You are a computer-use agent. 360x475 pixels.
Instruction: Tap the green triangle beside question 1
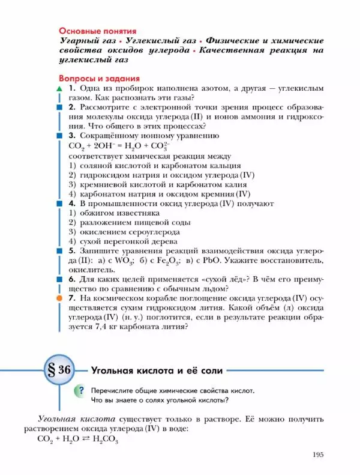tap(59, 89)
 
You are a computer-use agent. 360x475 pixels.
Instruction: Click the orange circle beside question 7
tap(59, 298)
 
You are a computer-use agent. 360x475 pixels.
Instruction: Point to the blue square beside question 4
tap(59, 204)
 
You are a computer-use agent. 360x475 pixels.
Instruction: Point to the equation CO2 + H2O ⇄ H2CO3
tap(77, 439)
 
